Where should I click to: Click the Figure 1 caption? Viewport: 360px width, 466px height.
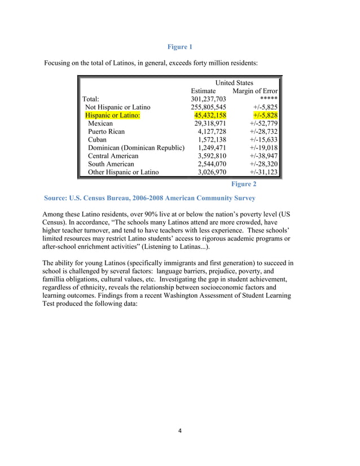[x=180, y=47]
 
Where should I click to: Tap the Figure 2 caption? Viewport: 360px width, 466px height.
[x=244, y=184]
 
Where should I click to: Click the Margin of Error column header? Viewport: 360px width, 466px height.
[x=255, y=91]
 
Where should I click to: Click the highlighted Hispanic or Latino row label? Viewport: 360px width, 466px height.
[x=112, y=115]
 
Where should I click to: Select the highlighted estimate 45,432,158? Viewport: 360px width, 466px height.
[x=207, y=115]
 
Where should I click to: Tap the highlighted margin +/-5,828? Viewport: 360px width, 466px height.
[x=264, y=115]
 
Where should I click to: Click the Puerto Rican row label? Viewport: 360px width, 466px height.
[x=107, y=131]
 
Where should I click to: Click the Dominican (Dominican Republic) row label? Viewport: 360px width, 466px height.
[x=136, y=148]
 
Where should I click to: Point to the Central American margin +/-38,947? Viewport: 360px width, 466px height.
[x=264, y=156]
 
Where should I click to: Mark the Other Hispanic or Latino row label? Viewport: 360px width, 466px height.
[x=124, y=172]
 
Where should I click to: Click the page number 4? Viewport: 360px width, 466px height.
[x=179, y=432]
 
